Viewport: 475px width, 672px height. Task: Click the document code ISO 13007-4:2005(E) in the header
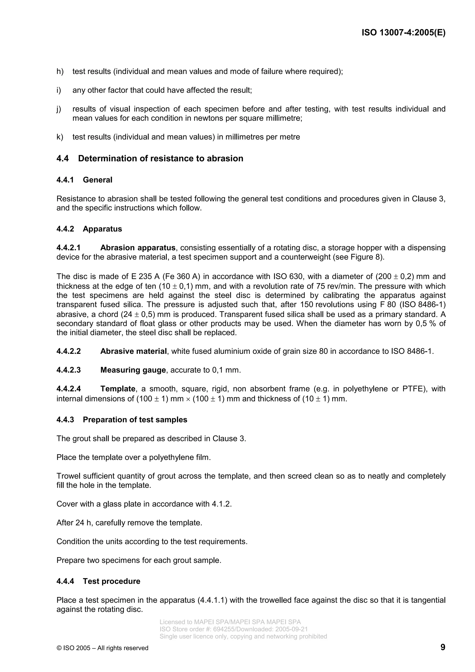(x=403, y=32)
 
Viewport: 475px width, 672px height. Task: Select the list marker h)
(x=60, y=71)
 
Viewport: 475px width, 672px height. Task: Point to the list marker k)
(x=60, y=137)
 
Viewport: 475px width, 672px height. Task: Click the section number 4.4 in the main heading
(x=63, y=159)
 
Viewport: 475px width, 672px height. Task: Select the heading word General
(x=97, y=180)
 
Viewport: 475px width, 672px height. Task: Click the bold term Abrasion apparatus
(x=138, y=248)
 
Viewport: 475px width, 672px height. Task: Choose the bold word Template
(x=118, y=389)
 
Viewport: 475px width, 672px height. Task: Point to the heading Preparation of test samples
(x=135, y=420)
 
